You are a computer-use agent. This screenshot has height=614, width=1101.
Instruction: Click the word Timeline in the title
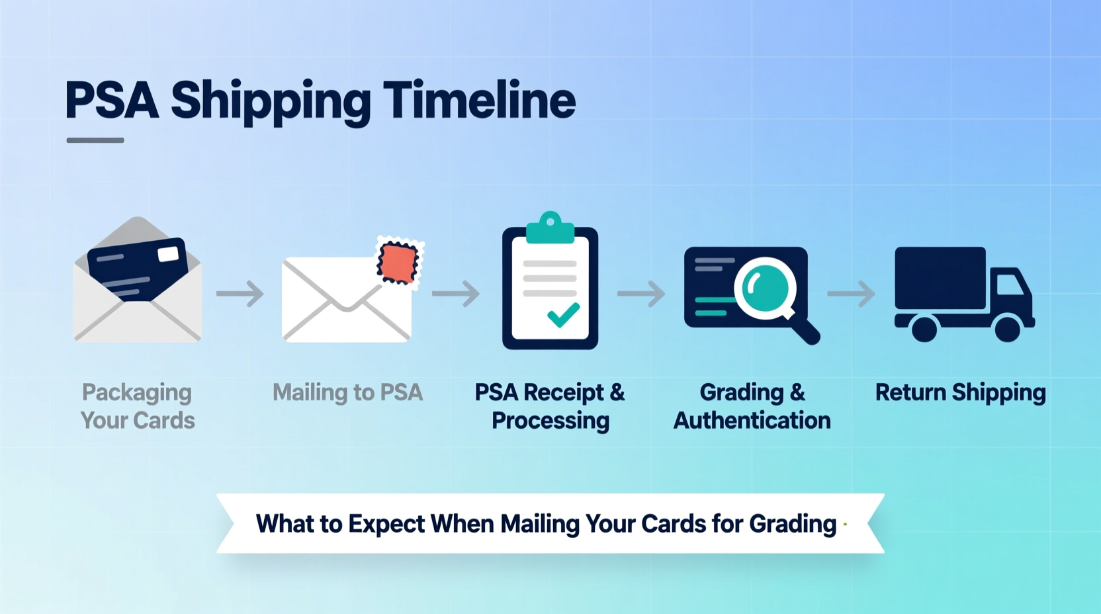tap(479, 101)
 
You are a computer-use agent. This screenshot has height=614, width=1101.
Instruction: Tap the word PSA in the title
tap(112, 101)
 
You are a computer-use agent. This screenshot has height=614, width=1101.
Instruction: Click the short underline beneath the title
tap(95, 140)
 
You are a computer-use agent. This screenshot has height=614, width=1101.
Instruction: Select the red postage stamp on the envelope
tap(398, 262)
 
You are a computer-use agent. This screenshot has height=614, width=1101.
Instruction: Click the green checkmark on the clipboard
tap(563, 315)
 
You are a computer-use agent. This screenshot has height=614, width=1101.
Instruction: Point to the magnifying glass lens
tap(765, 286)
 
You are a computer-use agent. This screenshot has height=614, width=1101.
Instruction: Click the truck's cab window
tap(1008, 285)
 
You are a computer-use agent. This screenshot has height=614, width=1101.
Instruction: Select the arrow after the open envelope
tap(240, 294)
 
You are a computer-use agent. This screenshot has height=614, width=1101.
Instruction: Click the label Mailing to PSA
tap(347, 392)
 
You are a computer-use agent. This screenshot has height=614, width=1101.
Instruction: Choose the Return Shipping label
tap(960, 392)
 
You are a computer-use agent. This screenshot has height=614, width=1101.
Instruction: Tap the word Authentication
tap(752, 420)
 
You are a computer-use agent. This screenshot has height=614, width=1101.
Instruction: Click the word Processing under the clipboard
tap(550, 421)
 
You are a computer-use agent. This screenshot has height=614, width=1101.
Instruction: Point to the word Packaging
tap(137, 392)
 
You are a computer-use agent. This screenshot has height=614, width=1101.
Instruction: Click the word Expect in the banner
tap(386, 524)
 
